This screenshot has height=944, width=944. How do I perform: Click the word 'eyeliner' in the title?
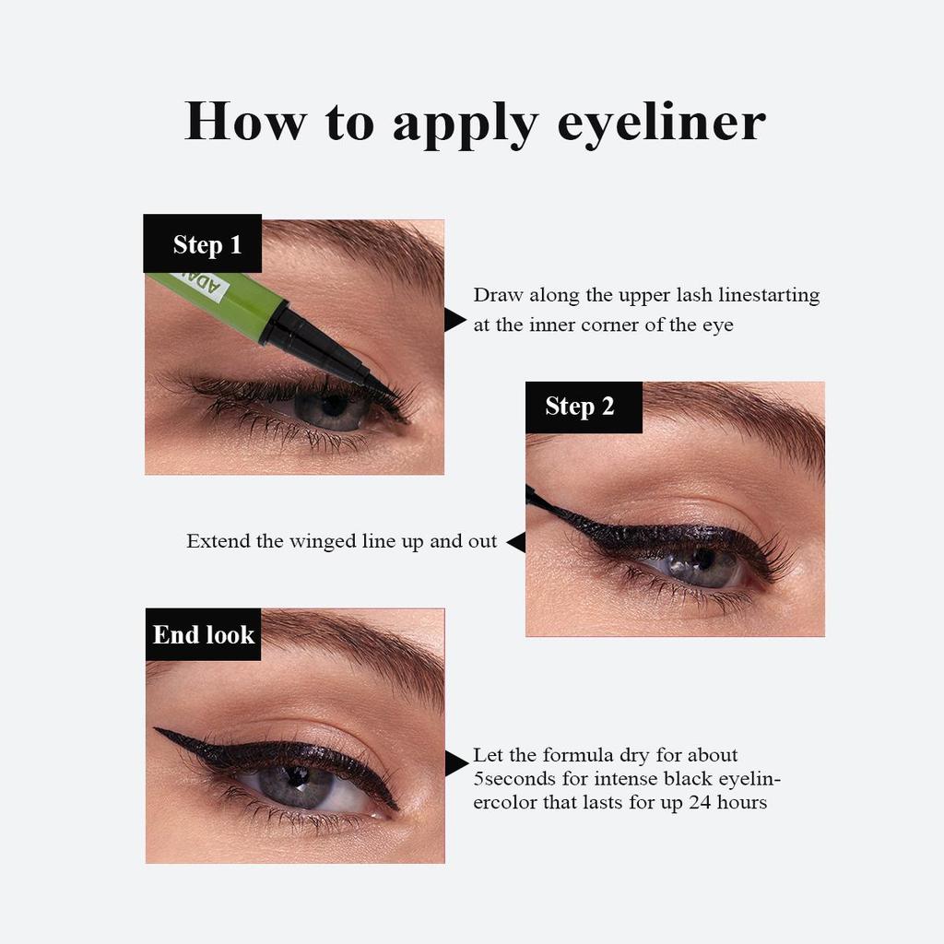pos(661,123)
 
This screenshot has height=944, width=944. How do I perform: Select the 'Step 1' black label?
pos(203,244)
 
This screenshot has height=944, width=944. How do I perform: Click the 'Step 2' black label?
pos(583,407)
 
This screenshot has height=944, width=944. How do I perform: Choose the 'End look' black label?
pos(204,634)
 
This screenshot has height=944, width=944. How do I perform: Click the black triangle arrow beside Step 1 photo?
pos(454,320)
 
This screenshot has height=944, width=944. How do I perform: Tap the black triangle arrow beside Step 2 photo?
pos(517,542)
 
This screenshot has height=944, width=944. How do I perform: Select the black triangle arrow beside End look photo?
pos(455,763)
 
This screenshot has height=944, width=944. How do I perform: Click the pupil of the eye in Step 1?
pos(334,406)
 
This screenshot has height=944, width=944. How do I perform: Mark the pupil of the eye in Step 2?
pos(702,560)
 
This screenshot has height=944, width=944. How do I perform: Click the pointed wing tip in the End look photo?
pos(158,730)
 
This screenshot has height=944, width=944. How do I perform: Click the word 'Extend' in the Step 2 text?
pos(218,542)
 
